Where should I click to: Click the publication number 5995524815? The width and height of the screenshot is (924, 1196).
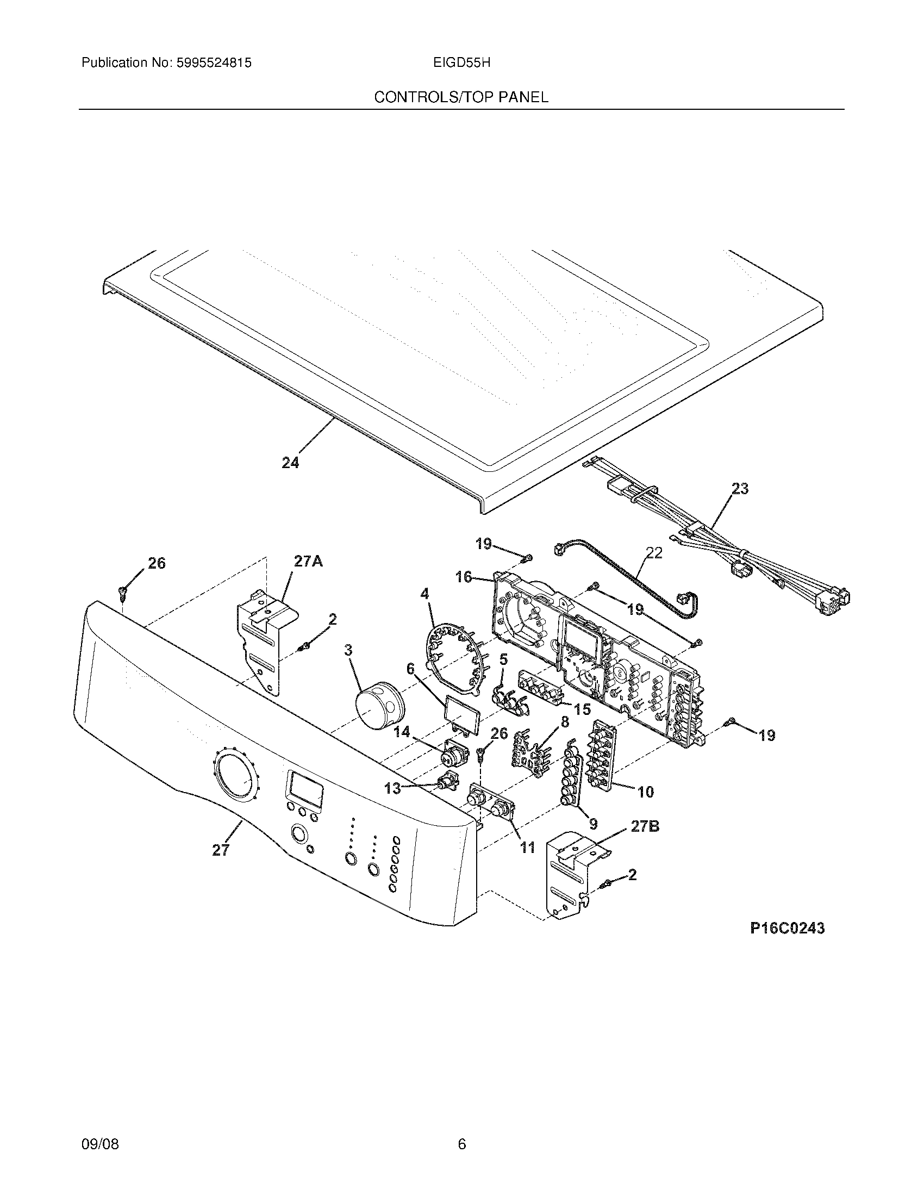click(214, 63)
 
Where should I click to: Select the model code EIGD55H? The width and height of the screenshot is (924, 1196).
click(461, 63)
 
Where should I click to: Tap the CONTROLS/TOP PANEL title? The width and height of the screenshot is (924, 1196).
click(461, 97)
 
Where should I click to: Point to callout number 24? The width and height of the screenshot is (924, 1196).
click(290, 463)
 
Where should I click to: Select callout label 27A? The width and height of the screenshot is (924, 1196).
click(308, 561)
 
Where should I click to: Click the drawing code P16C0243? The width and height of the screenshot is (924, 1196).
click(787, 928)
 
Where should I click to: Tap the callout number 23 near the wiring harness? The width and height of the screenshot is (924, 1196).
click(740, 489)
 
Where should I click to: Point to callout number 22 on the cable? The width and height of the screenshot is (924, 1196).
click(653, 553)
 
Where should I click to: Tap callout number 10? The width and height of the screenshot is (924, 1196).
click(646, 792)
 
